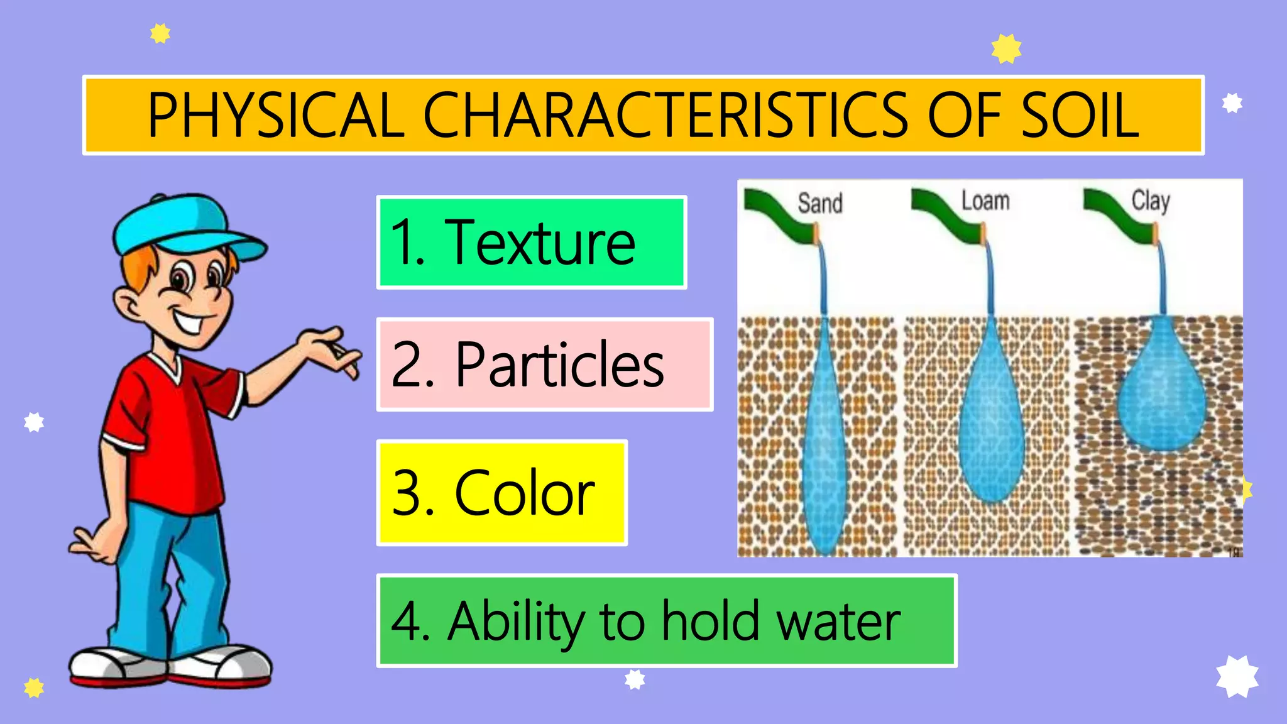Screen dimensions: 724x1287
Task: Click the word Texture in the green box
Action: [x=540, y=243]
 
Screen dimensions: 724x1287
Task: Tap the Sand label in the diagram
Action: [x=820, y=203]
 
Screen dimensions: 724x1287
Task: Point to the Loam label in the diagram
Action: [x=985, y=201]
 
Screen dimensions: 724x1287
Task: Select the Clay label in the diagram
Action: [x=1151, y=201]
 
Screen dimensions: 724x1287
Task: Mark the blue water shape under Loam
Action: [x=992, y=427]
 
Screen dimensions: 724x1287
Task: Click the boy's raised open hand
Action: [x=330, y=349]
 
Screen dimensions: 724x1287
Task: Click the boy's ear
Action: [x=129, y=305]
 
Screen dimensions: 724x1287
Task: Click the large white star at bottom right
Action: [x=1237, y=676]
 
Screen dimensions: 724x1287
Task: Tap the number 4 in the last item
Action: [x=408, y=622]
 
